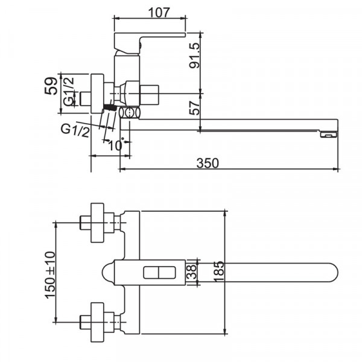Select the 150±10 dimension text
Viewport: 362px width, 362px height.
[x=50, y=272]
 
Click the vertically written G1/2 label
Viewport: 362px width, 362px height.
[x=70, y=93]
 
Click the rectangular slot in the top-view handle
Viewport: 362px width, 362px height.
[x=158, y=273]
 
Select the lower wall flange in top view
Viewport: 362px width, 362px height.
[x=100, y=321]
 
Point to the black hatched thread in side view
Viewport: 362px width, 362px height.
[x=109, y=107]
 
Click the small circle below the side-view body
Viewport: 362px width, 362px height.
[x=128, y=113]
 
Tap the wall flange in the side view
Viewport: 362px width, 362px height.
[x=96, y=93]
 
